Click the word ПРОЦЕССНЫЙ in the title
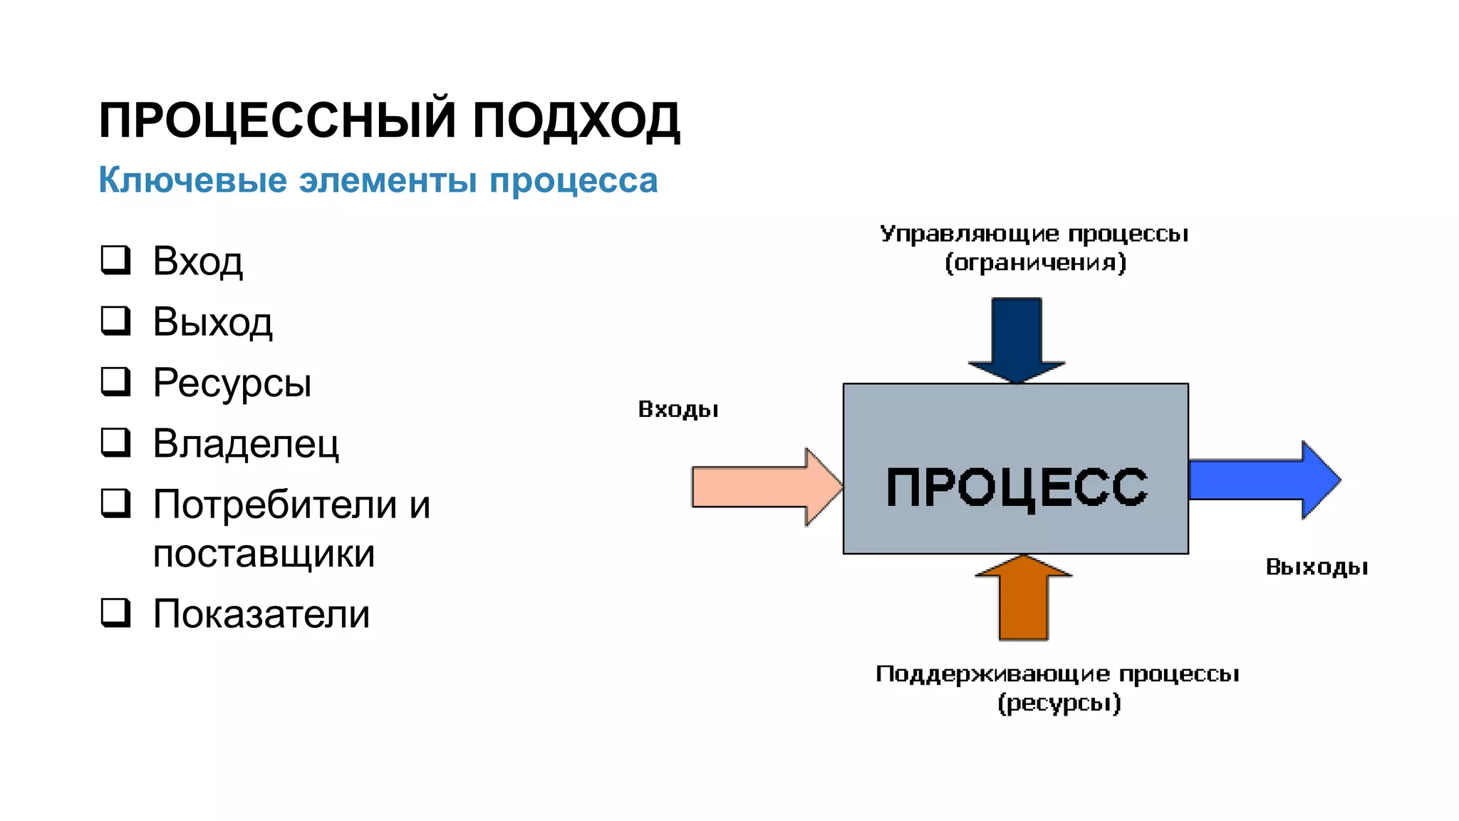click(x=277, y=120)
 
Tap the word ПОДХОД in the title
click(x=576, y=120)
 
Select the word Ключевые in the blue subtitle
click(x=192, y=180)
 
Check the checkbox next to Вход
click(x=115, y=260)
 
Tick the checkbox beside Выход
click(x=115, y=321)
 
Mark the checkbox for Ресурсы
click(x=115, y=381)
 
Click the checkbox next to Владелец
click(x=115, y=442)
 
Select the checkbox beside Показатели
click(x=115, y=612)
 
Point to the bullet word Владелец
click(x=246, y=443)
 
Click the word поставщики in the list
click(x=264, y=554)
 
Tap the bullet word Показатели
click(x=261, y=614)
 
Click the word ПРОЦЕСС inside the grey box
click(x=1017, y=487)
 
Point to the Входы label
click(x=678, y=410)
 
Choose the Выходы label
click(x=1317, y=567)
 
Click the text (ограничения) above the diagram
click(x=1035, y=263)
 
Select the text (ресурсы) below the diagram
click(x=1059, y=703)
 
